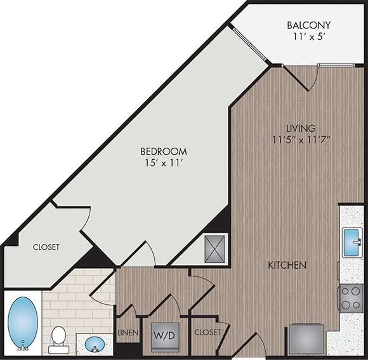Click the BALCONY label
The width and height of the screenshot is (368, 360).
[x=308, y=26]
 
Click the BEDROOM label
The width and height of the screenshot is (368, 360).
[x=164, y=151]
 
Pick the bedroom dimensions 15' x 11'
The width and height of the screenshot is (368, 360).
[x=164, y=164]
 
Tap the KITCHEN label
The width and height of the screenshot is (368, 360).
[x=287, y=265]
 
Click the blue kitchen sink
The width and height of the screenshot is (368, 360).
[x=352, y=241]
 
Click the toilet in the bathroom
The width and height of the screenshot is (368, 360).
[x=59, y=338]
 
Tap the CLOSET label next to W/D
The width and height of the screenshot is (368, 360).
[x=207, y=332]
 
